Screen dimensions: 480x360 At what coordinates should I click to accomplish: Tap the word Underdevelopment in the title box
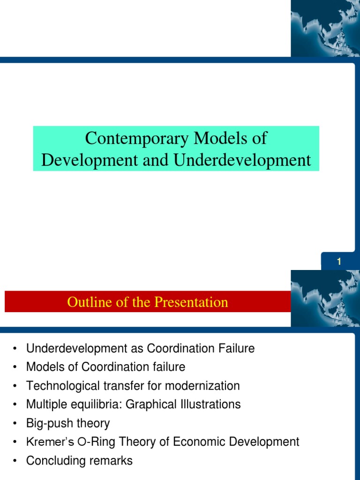click(x=242, y=160)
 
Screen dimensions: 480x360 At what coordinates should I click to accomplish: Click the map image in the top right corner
click(x=325, y=28)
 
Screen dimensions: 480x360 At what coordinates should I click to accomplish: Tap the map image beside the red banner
click(x=325, y=298)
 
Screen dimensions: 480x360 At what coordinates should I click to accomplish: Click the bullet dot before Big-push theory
click(x=15, y=424)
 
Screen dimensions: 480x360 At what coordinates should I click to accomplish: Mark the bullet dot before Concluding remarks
click(x=15, y=461)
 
